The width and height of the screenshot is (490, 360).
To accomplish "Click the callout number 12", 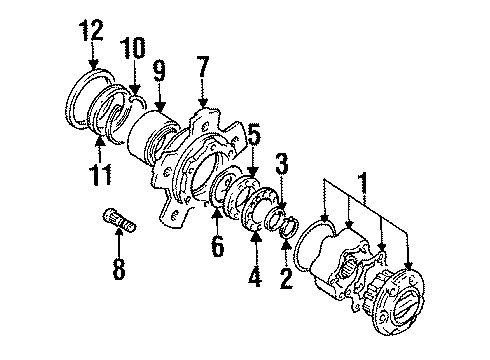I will (92, 30).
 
